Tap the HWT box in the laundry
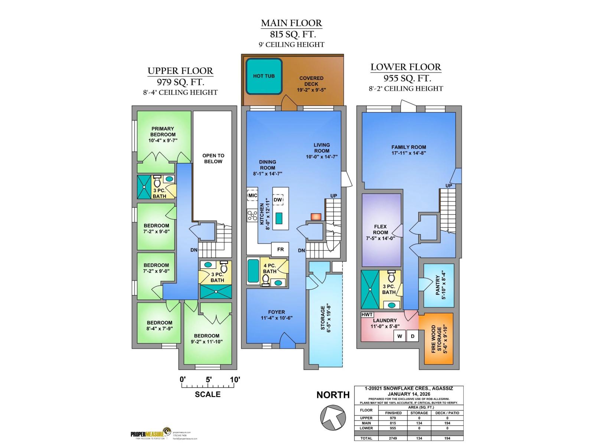tap(367, 314)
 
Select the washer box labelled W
tap(400, 336)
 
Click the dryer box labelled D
tap(412, 336)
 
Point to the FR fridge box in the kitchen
tap(280, 249)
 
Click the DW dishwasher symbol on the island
tap(278, 200)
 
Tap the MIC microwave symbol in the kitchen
tap(252, 195)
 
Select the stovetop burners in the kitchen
tap(252, 215)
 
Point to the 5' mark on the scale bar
tap(209, 379)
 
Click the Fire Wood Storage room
tap(437, 339)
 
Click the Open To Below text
tap(213, 159)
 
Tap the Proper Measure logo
tap(150, 434)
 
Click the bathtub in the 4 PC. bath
tap(253, 271)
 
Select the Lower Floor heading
tap(406, 67)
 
